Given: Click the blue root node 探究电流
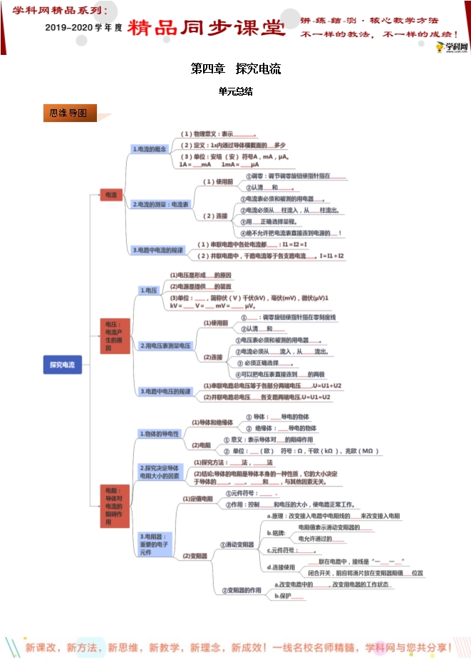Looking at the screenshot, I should (62, 365).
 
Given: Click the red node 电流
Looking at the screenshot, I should (111, 195).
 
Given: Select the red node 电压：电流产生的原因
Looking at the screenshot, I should (114, 335).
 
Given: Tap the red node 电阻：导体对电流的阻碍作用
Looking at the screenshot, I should (114, 506).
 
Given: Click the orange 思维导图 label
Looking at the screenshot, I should (68, 113).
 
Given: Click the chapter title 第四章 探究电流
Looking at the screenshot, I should (235, 69).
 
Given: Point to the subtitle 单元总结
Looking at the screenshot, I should (235, 91).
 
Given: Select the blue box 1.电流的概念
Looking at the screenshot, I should (149, 149).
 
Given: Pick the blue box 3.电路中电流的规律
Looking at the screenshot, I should (157, 250).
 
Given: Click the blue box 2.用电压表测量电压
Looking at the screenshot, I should (165, 345).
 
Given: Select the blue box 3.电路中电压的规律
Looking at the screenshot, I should (165, 391).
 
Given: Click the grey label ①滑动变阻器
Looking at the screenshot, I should (237, 544).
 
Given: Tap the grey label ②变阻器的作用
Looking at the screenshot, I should (242, 589).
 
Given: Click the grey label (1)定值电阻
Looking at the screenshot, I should (197, 498).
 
